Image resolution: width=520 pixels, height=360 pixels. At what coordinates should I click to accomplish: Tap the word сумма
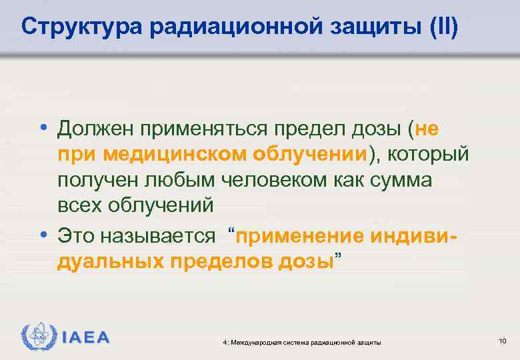pos(393,180)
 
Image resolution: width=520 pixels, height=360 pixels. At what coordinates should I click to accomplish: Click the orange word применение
pos(301,235)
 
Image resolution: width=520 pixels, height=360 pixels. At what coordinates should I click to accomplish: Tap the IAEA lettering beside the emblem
pos(85,336)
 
